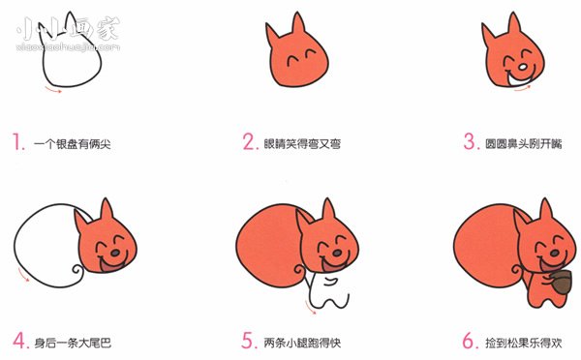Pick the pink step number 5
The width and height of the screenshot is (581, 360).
coord(249,341)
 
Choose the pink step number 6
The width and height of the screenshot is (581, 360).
coord(469,341)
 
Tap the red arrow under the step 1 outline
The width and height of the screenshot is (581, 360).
coord(49,91)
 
